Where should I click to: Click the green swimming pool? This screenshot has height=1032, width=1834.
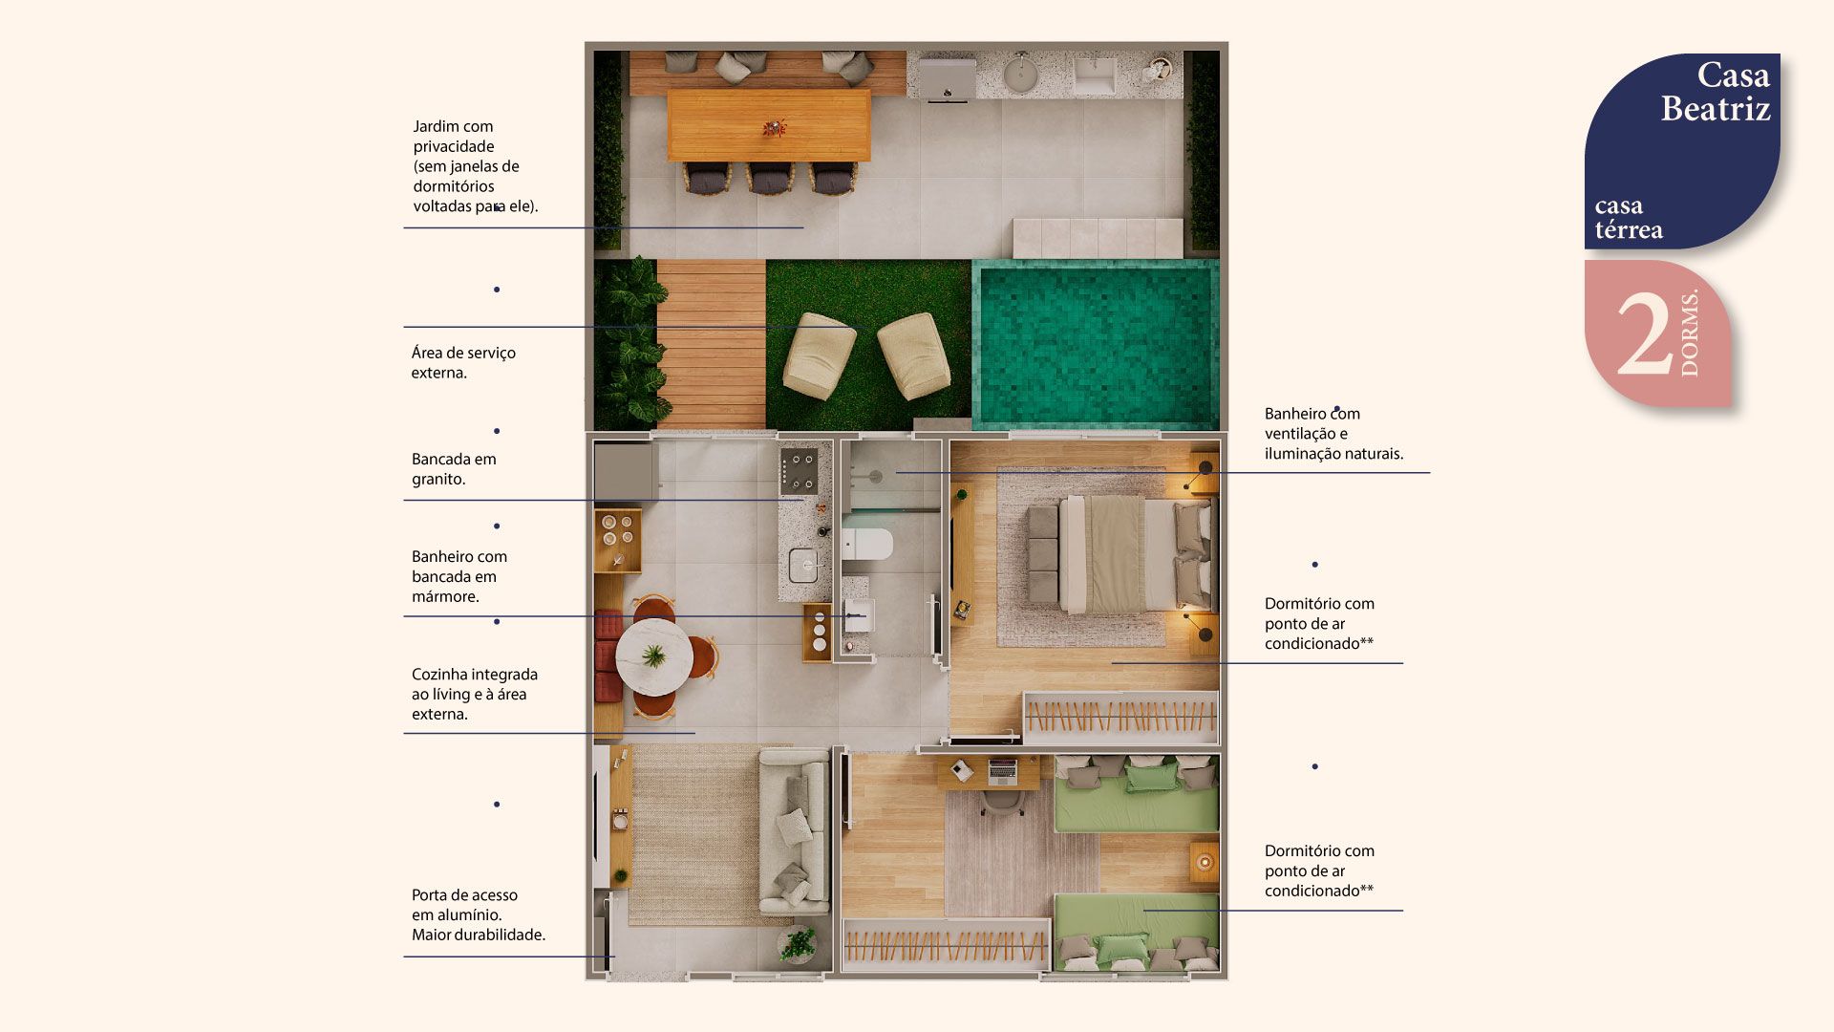pyautogui.click(x=1096, y=344)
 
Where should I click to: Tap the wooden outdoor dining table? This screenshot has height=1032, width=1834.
pyautogui.click(x=769, y=125)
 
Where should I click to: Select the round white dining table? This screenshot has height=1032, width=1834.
pyautogui.click(x=654, y=656)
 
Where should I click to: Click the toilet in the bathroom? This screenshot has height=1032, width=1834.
pyautogui.click(x=866, y=544)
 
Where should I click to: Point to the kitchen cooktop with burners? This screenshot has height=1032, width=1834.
pyautogui.click(x=799, y=471)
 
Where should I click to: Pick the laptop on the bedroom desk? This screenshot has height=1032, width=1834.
pyautogui.click(x=1002, y=770)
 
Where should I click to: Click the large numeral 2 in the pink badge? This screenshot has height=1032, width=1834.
pyautogui.click(x=1645, y=334)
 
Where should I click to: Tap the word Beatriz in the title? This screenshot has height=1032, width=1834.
pyautogui.click(x=1716, y=109)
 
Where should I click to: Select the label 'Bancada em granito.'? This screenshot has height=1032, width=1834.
pyautogui.click(x=454, y=469)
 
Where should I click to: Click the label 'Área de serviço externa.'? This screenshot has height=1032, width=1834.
pyautogui.click(x=463, y=362)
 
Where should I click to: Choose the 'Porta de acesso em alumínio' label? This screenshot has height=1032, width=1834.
pyautogui.click(x=479, y=914)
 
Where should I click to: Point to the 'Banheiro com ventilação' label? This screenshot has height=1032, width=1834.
pyautogui.click(x=1333, y=434)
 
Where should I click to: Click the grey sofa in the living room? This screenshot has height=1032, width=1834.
pyautogui.click(x=794, y=831)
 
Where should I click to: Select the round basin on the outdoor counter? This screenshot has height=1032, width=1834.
pyautogui.click(x=1020, y=75)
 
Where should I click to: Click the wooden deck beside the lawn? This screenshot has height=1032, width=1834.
pyautogui.click(x=711, y=344)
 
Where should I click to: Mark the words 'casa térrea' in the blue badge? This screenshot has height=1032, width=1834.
pyautogui.click(x=1629, y=218)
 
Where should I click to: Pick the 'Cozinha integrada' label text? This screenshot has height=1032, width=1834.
pyautogui.click(x=475, y=694)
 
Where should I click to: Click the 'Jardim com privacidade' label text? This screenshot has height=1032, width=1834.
pyautogui.click(x=476, y=166)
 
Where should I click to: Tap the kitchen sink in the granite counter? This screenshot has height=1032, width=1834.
pyautogui.click(x=803, y=565)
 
